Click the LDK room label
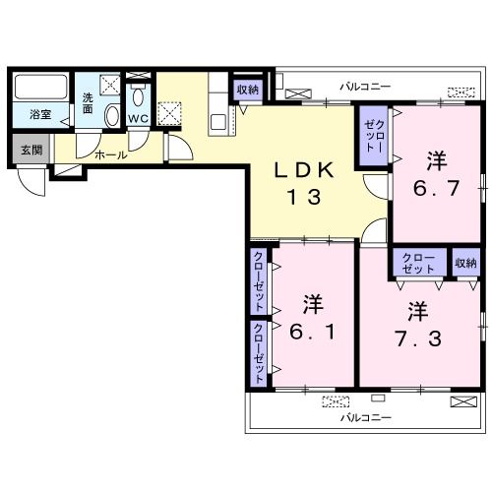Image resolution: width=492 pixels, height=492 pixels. tap(304, 170)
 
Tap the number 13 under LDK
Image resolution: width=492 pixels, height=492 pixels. tap(304, 198)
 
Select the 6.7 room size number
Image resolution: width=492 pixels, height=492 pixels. tap(436, 188)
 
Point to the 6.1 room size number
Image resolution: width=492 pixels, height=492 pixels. tap(313, 332)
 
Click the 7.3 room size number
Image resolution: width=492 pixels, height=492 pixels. tap(418, 338)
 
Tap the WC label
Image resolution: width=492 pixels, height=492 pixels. tap(138, 119)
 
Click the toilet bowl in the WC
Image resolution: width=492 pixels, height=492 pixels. tap(139, 96)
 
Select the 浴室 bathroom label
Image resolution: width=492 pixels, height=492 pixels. tap(40, 114)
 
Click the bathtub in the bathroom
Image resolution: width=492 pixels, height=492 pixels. tap(41, 87)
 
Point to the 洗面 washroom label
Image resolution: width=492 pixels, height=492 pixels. tap(88, 103)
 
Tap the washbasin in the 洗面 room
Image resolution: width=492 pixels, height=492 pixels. tap(112, 115)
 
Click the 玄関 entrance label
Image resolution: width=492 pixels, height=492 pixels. tap(31, 150)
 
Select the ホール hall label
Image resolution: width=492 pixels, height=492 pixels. tap(111, 154)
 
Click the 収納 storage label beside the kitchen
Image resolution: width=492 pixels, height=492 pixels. tap(248, 90)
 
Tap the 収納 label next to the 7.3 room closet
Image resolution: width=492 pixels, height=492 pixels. tap(465, 263)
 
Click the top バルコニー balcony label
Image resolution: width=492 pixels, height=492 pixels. tap(365, 87)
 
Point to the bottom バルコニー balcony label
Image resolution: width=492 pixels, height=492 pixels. tap(366, 417)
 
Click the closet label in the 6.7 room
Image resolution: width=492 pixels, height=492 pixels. tap(375, 136)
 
